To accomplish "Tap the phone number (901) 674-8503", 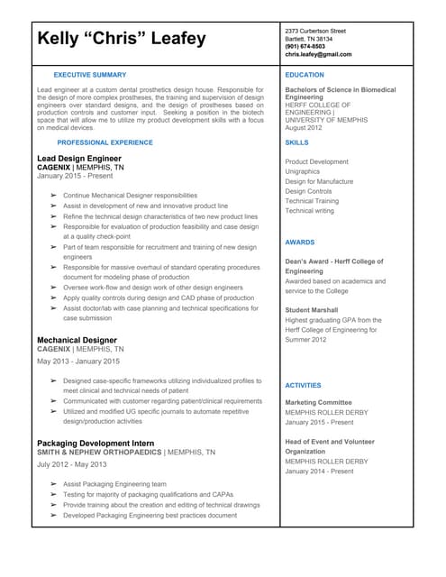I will [306, 47].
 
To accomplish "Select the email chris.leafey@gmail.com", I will [319, 55].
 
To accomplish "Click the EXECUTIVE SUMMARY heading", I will [90, 74].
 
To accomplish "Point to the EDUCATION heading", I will [305, 75].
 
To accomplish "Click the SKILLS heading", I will [296, 142].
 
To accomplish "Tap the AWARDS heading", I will [300, 243].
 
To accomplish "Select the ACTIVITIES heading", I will [303, 385].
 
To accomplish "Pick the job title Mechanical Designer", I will [77, 340].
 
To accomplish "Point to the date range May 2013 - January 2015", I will [78, 361].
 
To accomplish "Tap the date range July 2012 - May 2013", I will [72, 464].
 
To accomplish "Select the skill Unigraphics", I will [303, 171].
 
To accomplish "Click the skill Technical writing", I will [310, 210].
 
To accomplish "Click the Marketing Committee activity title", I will [318, 402].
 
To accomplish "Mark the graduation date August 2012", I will [303, 128].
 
